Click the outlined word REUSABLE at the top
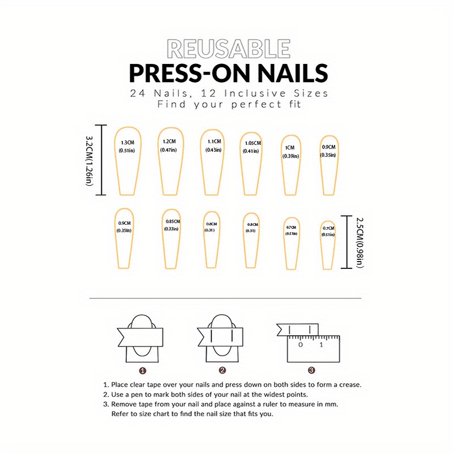pos(229,49)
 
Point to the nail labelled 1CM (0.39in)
pos(291,164)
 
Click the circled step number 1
pos(143,371)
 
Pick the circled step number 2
pos(223,371)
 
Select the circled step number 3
pos(311,371)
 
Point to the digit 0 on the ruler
pos(301,344)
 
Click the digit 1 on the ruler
pos(321,344)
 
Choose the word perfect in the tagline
pos(249,105)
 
